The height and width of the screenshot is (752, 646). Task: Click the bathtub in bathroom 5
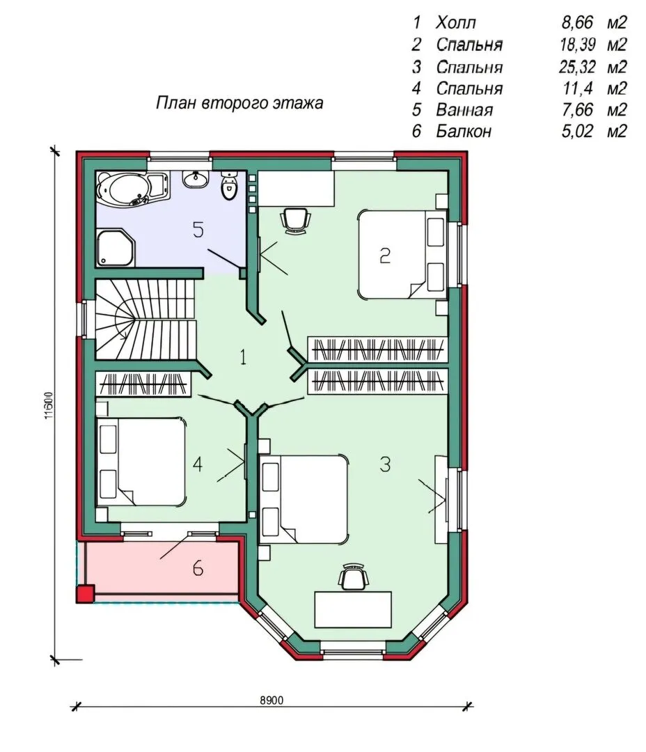coord(132,189)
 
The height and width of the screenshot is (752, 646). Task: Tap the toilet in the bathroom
coord(229,186)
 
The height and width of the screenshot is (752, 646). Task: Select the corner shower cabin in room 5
coord(116,247)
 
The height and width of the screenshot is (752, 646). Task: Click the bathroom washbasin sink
coord(196,179)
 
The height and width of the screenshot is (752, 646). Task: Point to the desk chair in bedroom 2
coord(294,221)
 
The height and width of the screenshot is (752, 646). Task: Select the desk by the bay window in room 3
coord(353,609)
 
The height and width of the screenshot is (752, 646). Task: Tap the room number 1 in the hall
coord(243,357)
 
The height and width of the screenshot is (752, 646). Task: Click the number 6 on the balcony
coord(198,568)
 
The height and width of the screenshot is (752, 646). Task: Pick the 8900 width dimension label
coord(272,700)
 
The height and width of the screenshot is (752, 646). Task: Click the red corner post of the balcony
coord(86,594)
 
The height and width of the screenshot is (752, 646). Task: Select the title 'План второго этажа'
coord(239,103)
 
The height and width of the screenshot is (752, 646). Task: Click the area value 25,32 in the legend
coord(576,67)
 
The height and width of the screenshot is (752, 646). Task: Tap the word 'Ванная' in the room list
coord(464,110)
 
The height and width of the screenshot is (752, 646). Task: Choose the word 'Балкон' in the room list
coord(464,131)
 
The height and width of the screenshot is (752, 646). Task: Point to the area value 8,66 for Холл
coord(577,22)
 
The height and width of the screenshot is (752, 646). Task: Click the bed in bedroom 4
coord(141,462)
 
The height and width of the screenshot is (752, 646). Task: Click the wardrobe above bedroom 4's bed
coord(143,384)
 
